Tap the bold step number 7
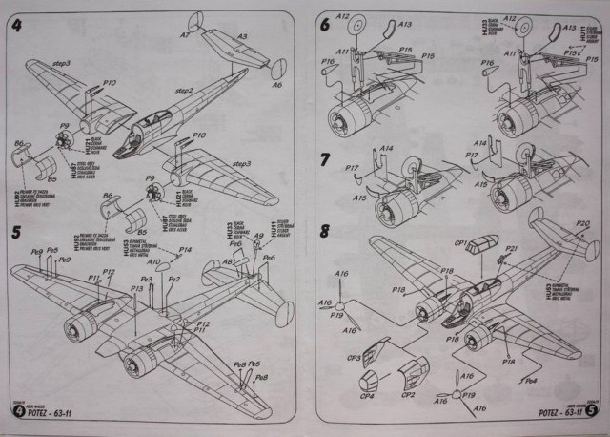point(326,159)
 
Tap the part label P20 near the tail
point(582,223)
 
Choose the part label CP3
point(353,359)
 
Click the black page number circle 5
point(592,412)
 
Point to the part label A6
point(277,84)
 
